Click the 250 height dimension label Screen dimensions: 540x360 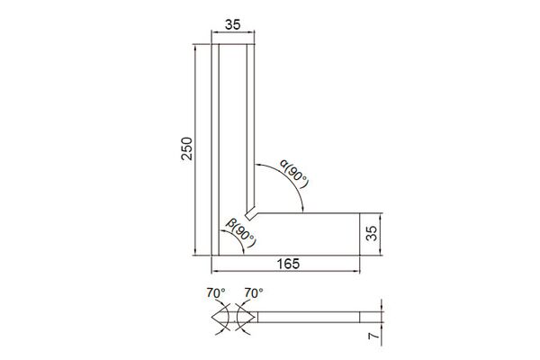186,148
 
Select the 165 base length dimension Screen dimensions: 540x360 288,264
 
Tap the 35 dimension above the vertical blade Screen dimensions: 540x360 233,25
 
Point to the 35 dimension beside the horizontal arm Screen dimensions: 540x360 372,233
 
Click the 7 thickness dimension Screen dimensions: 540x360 373,336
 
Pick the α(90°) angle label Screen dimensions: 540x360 293,174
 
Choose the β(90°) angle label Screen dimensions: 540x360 241,232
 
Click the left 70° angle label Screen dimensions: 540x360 216,292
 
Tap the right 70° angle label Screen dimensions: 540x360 254,292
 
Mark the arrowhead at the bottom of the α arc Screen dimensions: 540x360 302,210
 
